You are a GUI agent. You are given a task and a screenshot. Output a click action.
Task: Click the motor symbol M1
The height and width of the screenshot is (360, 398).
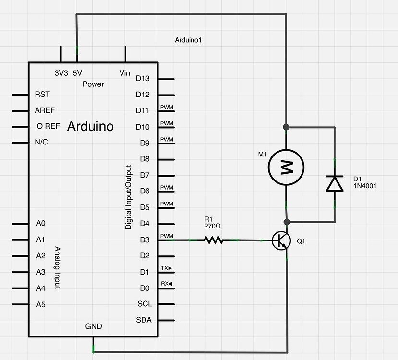[286, 168]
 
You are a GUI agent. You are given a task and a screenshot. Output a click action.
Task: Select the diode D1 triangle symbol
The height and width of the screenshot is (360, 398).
[335, 183]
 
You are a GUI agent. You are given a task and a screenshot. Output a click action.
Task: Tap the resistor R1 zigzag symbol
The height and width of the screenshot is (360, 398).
[214, 240]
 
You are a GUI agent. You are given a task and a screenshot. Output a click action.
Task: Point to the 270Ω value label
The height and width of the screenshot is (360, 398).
[212, 226]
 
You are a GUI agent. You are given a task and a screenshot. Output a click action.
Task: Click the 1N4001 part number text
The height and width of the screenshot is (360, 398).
[364, 185]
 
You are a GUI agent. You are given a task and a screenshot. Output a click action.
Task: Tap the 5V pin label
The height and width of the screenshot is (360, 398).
[77, 73]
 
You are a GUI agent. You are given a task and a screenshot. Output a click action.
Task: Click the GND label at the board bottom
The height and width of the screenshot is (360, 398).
[94, 326]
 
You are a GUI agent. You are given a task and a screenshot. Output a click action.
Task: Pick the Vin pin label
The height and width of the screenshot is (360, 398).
[124, 73]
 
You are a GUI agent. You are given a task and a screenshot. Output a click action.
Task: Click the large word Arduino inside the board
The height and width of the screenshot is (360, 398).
[90, 126]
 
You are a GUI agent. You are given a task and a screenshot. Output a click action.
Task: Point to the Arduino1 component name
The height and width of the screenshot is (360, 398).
[188, 40]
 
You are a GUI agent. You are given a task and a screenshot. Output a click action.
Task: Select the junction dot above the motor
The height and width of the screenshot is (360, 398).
[287, 127]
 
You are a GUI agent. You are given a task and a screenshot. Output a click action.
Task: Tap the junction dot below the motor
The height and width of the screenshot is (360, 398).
[287, 222]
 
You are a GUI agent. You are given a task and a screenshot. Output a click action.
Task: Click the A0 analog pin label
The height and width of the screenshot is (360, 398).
[41, 223]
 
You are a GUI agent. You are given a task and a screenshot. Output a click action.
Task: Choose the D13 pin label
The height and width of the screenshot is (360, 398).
[143, 78]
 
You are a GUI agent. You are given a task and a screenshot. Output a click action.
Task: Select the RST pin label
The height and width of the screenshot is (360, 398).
[42, 95]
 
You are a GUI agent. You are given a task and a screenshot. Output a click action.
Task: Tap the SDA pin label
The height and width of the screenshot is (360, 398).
[144, 320]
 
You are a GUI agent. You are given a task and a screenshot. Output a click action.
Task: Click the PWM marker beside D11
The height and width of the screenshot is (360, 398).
[166, 107]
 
